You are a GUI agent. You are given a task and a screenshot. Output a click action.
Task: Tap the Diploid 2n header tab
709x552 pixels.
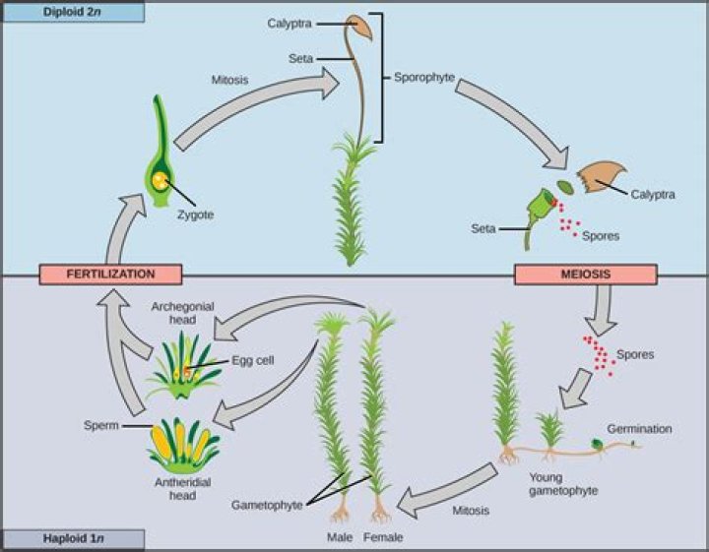(x=72, y=12)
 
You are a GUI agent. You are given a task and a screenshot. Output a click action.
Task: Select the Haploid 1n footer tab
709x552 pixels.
(x=72, y=539)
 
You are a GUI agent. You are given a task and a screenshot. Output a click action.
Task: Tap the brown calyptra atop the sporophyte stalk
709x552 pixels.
(x=358, y=29)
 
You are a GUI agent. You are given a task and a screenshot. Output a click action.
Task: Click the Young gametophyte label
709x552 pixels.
(x=559, y=482)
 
